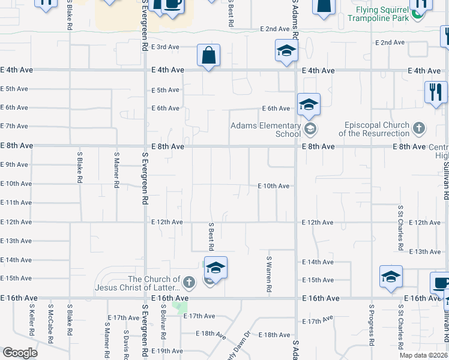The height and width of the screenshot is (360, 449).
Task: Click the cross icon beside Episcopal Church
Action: pos(419,128)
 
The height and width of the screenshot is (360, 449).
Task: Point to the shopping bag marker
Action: pos(209,56)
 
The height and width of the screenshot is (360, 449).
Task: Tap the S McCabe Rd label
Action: pos(51,328)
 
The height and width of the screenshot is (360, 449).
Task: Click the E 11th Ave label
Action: pos(16,203)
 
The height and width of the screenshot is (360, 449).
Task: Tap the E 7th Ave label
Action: pos(16,126)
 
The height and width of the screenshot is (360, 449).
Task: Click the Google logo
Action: pos(20,353)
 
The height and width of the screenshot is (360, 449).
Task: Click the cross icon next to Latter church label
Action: pos(188,281)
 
